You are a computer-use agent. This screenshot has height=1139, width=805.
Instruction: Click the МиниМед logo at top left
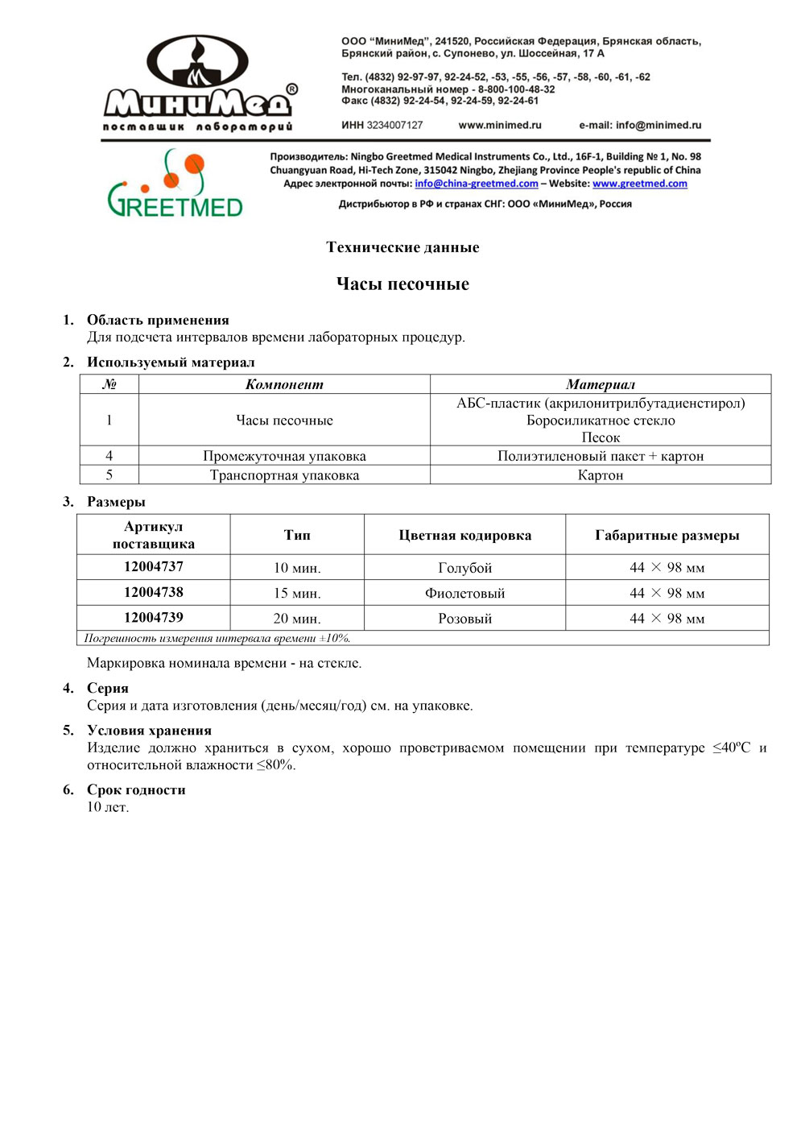point(200,84)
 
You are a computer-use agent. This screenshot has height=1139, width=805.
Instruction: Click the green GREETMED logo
point(175,184)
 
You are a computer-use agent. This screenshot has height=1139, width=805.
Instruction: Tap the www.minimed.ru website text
point(500,126)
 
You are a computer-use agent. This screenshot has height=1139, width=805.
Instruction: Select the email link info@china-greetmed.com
point(477,184)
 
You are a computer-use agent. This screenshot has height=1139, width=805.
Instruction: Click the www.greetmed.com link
point(640,184)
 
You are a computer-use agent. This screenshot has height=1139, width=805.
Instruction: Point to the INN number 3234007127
point(394,126)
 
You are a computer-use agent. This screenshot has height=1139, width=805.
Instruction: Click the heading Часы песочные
point(402,284)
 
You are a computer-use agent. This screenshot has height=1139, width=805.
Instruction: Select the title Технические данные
point(402,247)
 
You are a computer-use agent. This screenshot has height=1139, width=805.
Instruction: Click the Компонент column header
point(284,384)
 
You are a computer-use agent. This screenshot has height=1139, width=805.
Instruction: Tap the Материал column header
point(601,384)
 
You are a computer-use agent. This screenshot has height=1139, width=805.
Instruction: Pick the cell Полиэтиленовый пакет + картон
point(601,456)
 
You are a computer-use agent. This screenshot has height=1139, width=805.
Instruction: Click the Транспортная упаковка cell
point(284,475)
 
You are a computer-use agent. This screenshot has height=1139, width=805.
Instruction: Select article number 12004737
point(154,567)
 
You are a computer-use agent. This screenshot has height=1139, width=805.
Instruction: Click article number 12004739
point(154,618)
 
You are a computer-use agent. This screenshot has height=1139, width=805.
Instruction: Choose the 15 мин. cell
point(297,594)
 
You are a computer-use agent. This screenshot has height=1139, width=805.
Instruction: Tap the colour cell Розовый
point(464,619)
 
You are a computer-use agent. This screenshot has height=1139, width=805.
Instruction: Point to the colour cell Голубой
point(464,568)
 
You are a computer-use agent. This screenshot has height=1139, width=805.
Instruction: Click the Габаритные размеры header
point(667,536)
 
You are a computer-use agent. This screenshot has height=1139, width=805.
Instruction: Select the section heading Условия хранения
point(149,731)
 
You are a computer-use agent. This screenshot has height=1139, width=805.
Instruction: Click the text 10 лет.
point(108,807)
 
